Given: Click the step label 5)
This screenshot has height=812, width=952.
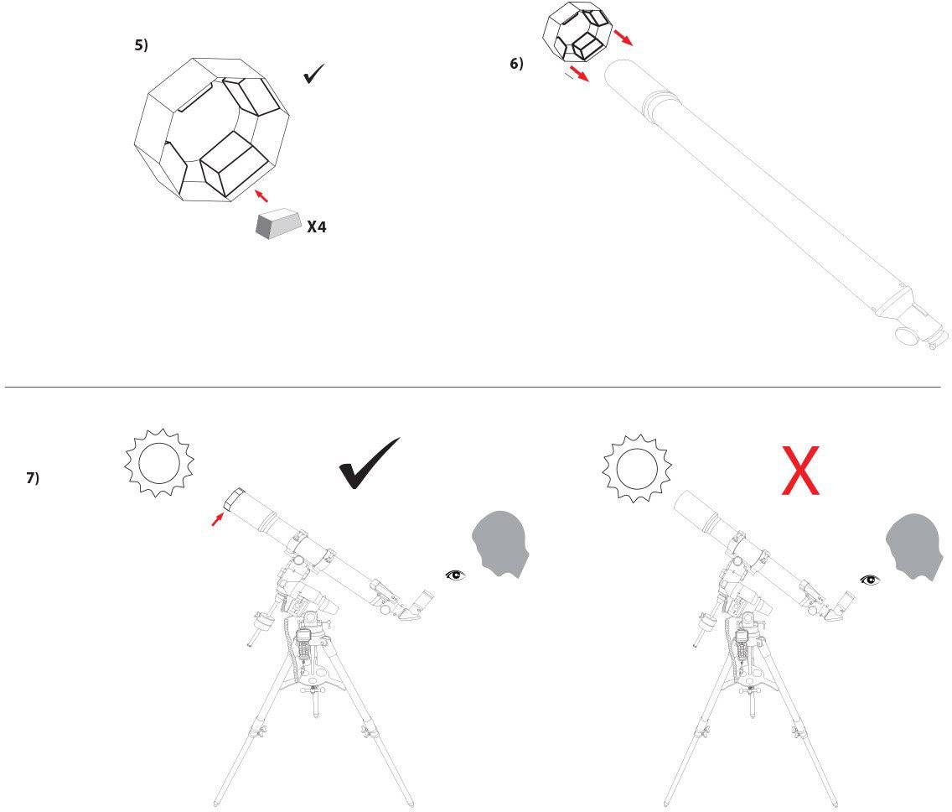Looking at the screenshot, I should coord(141,46).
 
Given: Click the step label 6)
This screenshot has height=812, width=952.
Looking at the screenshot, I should coord(516,64).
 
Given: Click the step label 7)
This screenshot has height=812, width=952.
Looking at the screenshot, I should coord(33,478).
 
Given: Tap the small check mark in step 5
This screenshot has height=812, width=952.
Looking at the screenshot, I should coord(314,75).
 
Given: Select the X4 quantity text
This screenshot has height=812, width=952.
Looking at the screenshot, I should coord(316,226).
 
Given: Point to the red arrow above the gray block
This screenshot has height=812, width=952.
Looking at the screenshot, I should coord(261,195).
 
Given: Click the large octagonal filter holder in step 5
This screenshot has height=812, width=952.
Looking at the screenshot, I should coord(211,130).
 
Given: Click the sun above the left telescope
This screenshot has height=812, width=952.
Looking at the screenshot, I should coord(159,461).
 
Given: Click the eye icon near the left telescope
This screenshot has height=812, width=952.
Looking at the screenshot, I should coord(454,575).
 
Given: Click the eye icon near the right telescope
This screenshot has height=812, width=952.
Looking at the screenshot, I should coord(870,579).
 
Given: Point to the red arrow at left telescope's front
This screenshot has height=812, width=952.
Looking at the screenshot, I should coord(218,520).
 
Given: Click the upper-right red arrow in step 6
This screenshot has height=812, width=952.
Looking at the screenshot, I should coord(623,37).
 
